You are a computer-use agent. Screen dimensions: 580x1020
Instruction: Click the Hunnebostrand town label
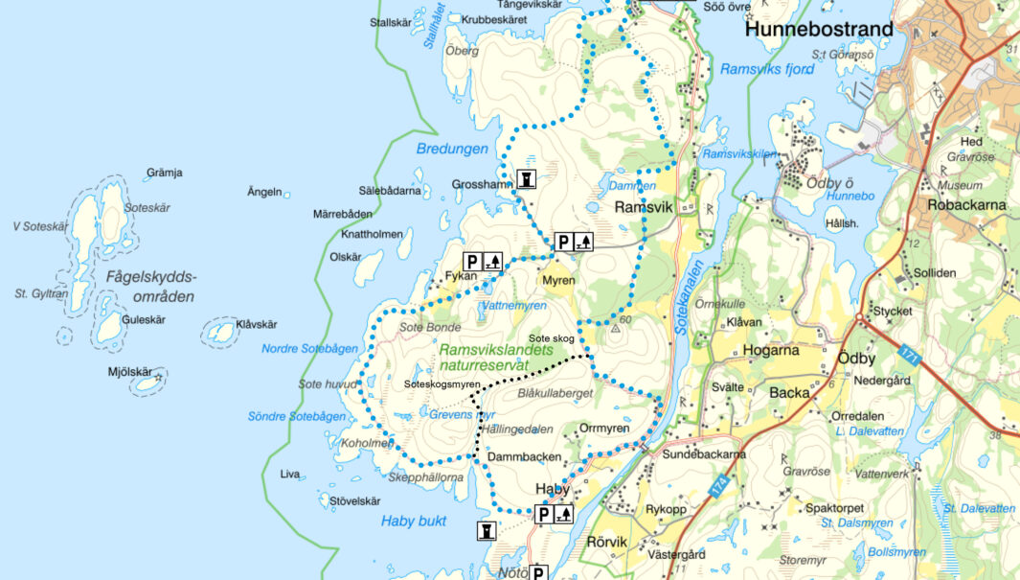(x=818, y=30)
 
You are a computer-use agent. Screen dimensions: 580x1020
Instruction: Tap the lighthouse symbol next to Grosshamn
(x=526, y=179)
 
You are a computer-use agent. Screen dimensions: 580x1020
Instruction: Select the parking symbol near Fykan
(x=472, y=260)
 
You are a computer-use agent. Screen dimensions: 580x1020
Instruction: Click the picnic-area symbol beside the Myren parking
(x=583, y=242)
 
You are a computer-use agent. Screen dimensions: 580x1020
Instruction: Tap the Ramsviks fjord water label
(x=767, y=70)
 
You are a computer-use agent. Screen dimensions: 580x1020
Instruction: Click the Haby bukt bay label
(x=414, y=522)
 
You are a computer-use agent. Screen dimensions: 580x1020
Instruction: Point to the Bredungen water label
(x=452, y=149)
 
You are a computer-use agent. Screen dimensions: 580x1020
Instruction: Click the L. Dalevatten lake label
(x=868, y=432)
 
